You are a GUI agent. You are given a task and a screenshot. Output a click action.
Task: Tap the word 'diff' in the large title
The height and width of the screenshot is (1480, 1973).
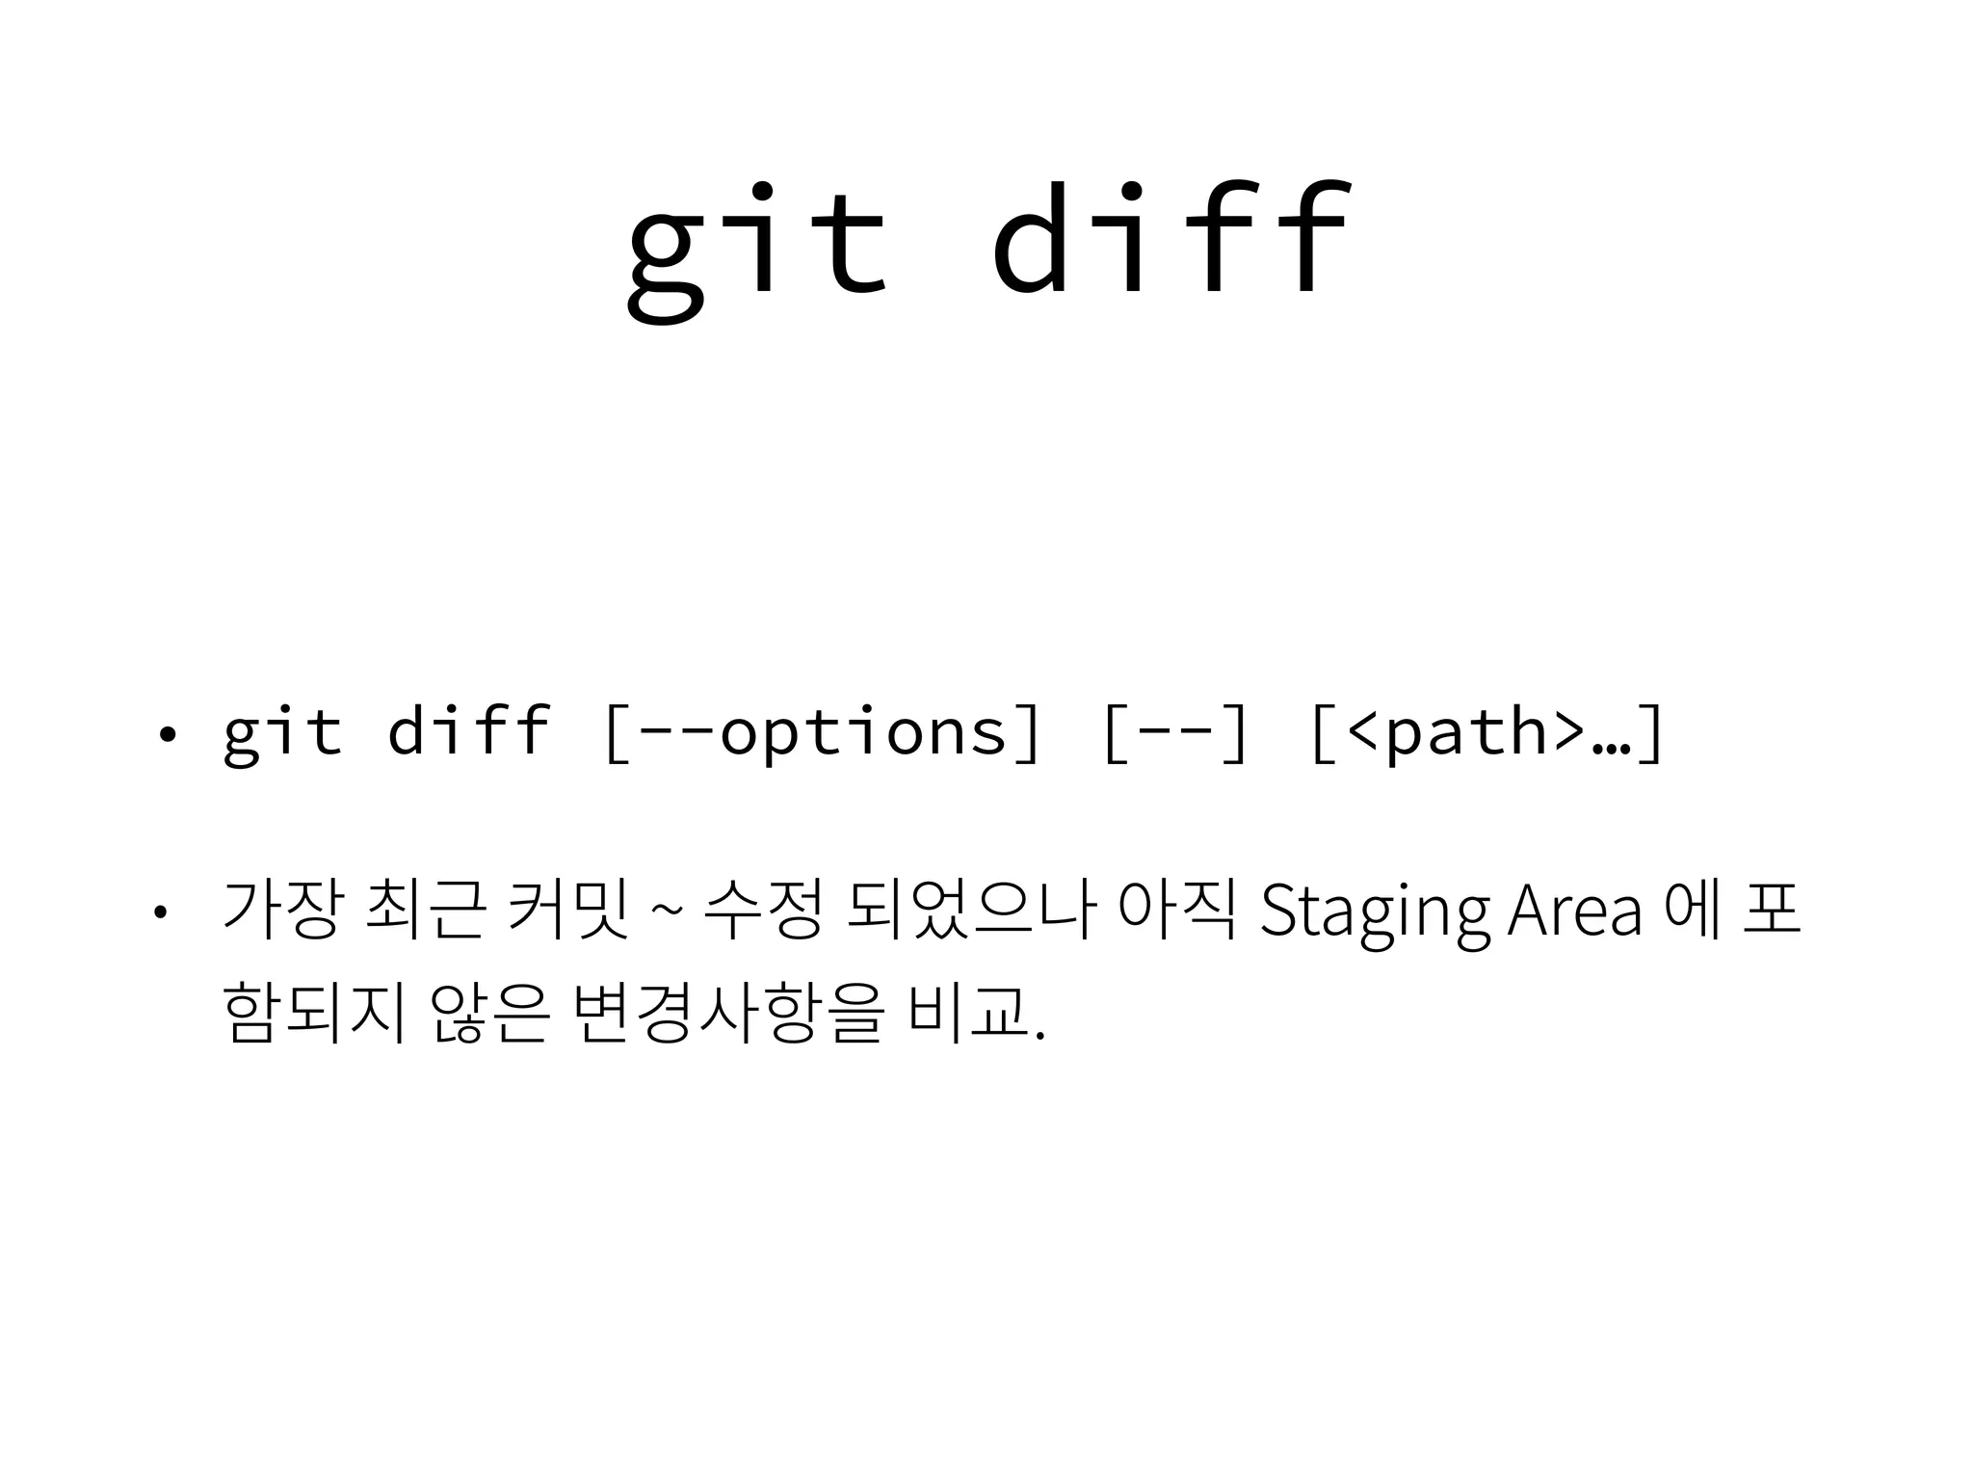point(1170,241)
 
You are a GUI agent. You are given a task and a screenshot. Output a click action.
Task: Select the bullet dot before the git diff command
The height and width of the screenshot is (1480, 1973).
point(168,735)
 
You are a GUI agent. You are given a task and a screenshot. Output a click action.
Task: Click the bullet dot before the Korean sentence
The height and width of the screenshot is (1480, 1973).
point(161,911)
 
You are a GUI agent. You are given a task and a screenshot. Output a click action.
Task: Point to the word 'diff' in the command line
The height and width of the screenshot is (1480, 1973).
point(468,729)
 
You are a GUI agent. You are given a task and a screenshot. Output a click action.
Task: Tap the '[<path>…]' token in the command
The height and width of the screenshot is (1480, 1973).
point(1487,732)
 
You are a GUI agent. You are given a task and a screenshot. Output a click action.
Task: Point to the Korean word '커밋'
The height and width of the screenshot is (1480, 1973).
point(568,909)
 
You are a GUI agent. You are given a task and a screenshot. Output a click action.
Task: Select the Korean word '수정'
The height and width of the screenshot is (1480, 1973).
point(762,909)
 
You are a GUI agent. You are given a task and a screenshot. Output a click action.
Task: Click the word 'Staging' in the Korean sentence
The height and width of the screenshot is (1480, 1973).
point(1374,911)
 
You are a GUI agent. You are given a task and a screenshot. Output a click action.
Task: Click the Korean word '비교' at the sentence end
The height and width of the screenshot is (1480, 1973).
point(967,1014)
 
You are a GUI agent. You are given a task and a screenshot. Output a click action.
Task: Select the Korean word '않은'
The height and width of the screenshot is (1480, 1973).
point(490,1014)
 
